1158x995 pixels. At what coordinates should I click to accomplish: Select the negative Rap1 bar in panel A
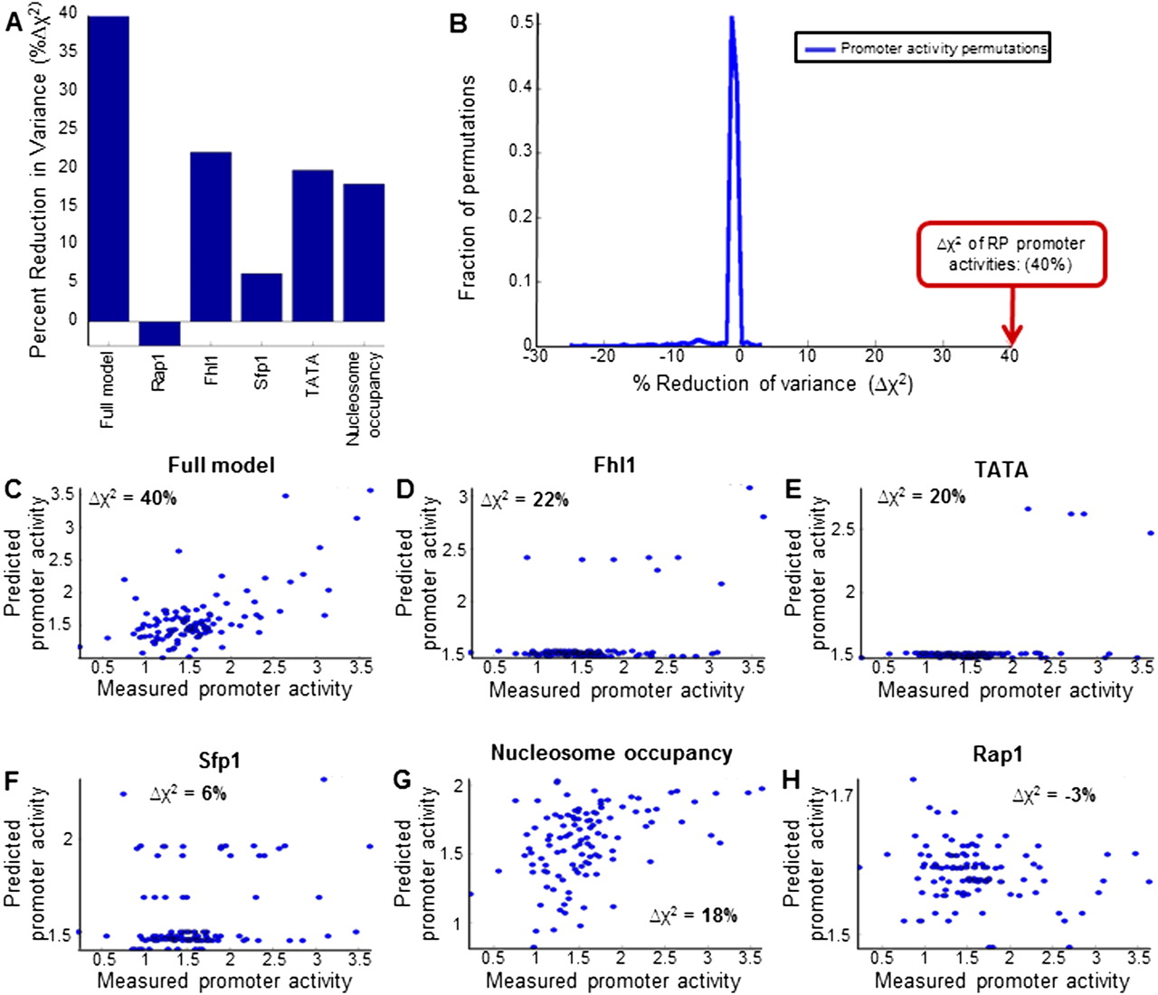159,333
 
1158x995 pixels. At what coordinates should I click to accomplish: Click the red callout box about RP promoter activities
1011,253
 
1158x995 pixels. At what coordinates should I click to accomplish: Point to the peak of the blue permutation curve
732,20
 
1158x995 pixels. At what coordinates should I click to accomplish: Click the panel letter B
459,24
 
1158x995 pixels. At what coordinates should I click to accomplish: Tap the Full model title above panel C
221,465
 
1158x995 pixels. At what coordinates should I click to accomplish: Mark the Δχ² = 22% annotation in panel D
526,498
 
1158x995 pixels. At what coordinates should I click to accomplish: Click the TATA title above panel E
1001,469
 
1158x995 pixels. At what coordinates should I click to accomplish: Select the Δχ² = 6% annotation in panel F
188,793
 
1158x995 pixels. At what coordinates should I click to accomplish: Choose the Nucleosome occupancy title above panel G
612,753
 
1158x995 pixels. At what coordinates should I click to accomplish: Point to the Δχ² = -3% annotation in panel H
1054,795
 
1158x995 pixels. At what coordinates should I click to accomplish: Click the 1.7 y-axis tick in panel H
840,795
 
